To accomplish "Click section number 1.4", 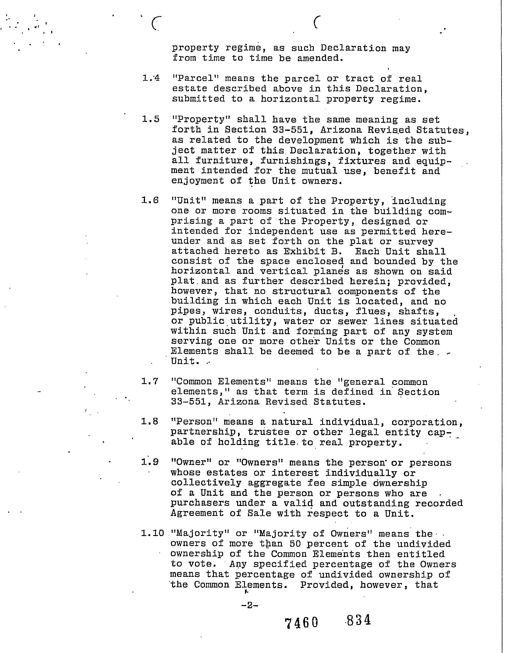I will point(151,79).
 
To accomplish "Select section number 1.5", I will point(151,119).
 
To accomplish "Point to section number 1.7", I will point(150,381).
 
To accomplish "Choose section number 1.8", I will point(150,422).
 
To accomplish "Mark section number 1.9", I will point(150,462).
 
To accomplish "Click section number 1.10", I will point(153,533).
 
